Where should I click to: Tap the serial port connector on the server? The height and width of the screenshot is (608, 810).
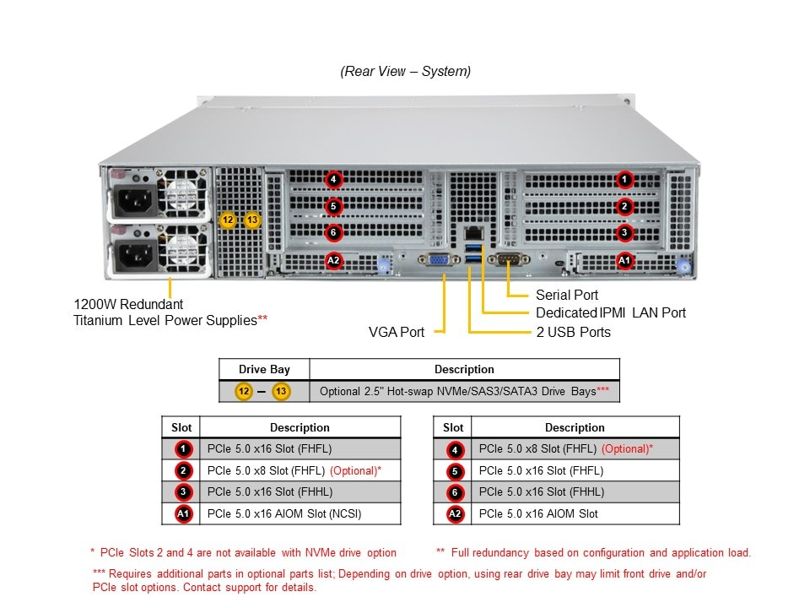tap(510, 260)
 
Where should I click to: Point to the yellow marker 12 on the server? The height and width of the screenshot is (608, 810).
tap(227, 220)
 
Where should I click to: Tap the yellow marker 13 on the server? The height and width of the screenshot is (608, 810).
tap(252, 220)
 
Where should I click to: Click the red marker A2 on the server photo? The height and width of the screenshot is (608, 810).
tap(334, 261)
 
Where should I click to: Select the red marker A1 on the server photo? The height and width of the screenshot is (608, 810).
tap(624, 261)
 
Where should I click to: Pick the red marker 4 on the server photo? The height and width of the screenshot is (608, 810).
tap(334, 179)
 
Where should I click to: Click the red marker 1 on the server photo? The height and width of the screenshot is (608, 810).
tap(624, 179)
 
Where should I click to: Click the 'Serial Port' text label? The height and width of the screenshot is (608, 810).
tap(567, 295)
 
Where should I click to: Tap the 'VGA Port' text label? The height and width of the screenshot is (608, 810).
tap(397, 332)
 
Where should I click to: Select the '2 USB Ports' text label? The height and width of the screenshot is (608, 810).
tap(574, 332)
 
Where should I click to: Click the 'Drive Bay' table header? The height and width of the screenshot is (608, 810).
tap(264, 369)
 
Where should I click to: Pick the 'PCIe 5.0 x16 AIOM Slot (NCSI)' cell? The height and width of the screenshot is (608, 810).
tap(290, 513)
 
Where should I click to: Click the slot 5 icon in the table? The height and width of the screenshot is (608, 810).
tap(455, 471)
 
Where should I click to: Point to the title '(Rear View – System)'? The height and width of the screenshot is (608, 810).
tap(406, 72)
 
